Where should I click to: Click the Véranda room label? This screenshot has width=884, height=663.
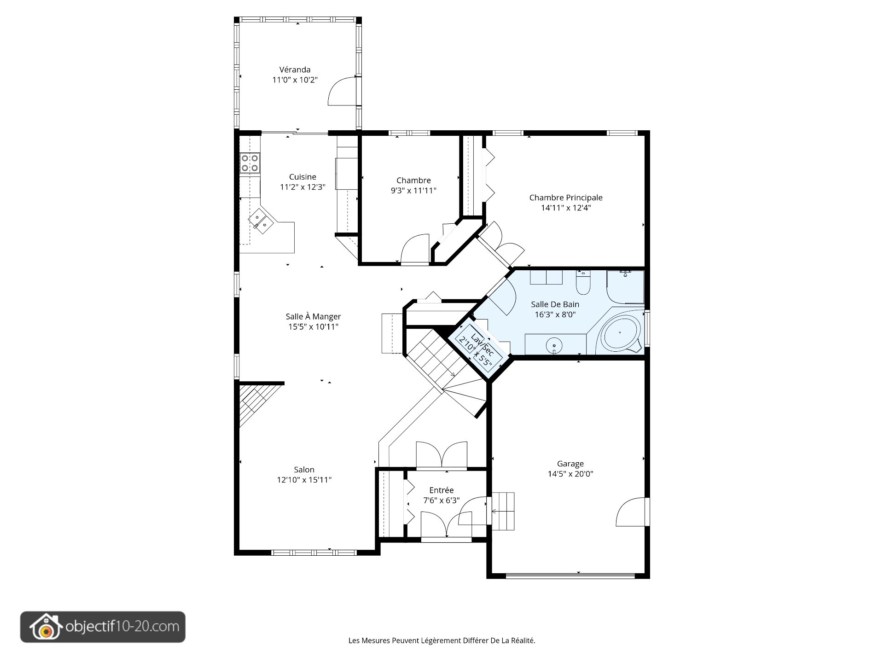(x=295, y=70)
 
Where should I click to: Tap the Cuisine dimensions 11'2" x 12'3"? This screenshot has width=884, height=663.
(x=302, y=187)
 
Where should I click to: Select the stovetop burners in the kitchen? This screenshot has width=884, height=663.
(x=250, y=163)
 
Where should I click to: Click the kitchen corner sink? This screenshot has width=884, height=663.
(x=261, y=221)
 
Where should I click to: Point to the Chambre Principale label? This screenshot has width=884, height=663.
(x=566, y=198)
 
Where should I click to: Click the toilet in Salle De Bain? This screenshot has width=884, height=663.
(x=583, y=283)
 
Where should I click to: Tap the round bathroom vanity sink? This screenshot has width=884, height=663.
(x=555, y=344)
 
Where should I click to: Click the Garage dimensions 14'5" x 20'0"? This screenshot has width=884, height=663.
(x=570, y=474)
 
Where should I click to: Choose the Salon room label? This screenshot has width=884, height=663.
(x=304, y=470)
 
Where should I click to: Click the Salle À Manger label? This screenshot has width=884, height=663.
(x=313, y=316)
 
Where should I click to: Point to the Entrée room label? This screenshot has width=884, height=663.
(x=442, y=490)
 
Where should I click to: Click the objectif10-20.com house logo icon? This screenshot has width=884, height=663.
(x=45, y=627)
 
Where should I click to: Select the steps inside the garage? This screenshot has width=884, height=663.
(x=503, y=511)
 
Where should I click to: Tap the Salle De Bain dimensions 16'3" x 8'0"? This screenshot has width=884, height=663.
(x=555, y=314)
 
